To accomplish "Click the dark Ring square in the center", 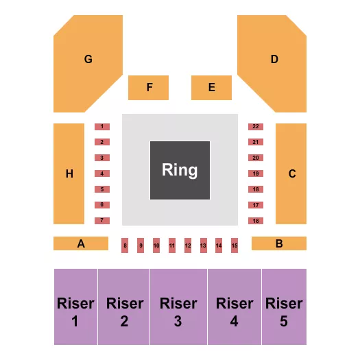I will (180, 170).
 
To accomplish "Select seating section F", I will (148, 87).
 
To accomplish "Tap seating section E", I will (211, 87).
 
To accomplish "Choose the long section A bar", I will (81, 243).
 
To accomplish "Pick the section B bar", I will (279, 243).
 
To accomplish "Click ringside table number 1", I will (101, 126).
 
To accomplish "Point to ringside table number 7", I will (101, 220).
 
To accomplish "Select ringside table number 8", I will (125, 245).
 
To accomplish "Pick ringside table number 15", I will (235, 245).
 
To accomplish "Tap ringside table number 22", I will (256, 126).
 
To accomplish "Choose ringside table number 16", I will (256, 220).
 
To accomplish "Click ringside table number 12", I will (188, 245).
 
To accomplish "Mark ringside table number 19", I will (256, 173).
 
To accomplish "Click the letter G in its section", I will (88, 59).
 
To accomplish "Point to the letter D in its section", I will (274, 59).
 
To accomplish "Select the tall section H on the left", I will (69, 173).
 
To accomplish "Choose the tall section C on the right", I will (291, 173).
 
